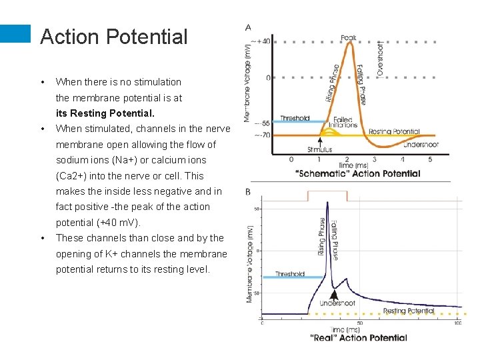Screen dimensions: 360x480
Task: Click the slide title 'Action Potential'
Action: [x=114, y=37]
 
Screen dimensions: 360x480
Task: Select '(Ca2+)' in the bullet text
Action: [x=74, y=176]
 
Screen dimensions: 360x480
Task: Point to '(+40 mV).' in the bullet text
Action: [x=118, y=222]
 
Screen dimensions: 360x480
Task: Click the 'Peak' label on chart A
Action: [x=349, y=37]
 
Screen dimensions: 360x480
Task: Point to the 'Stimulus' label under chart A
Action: [x=320, y=149]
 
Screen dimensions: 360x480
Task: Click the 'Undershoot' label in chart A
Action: [x=421, y=144]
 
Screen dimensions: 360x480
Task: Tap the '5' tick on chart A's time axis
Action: [x=430, y=159]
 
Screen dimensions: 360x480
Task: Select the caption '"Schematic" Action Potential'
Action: [x=357, y=174]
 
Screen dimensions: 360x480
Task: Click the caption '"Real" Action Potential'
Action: [x=359, y=337]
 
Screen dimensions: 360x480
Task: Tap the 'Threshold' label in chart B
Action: [x=289, y=274]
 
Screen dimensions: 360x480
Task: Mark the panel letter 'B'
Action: [x=248, y=192]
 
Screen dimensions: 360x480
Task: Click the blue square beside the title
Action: [x=15, y=35]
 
